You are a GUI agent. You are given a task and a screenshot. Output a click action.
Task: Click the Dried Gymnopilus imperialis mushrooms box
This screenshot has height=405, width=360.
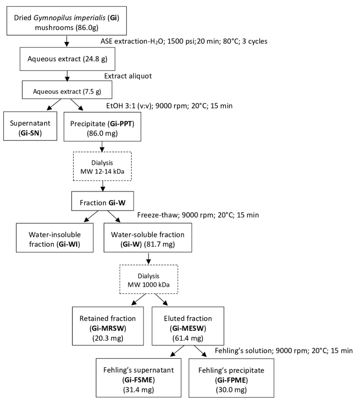coord(66,21)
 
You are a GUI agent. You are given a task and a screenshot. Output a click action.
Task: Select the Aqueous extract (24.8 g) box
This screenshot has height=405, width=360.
coord(67,59)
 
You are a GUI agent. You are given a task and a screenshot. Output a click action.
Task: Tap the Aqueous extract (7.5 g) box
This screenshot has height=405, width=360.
coord(67,90)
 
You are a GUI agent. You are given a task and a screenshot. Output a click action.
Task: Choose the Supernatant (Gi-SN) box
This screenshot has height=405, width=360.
coord(30,126)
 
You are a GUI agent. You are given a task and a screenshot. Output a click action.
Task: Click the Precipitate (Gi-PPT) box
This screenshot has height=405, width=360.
coord(103,127)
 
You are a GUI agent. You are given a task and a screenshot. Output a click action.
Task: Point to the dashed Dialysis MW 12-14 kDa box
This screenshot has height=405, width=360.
coord(103,166)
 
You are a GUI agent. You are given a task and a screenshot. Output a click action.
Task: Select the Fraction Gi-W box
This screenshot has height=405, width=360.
coord(103,201)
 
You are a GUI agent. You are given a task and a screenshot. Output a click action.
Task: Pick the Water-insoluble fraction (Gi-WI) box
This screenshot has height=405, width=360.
coord(54,238)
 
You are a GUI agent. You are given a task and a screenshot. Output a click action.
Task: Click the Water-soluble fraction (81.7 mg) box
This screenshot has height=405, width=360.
coord(148,238)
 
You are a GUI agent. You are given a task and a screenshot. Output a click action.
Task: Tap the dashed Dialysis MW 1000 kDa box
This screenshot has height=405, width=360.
coord(148,279)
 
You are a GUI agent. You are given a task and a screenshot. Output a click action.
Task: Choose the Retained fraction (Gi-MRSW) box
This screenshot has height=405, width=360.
coord(108,326)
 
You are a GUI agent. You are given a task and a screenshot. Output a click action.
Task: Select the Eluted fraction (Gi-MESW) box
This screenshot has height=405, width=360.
coord(188,326)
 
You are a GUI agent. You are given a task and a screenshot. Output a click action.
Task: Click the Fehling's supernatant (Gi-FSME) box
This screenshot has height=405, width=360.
coord(138,378)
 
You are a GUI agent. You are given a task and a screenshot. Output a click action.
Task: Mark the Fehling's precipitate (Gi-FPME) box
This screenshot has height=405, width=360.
coord(231,378)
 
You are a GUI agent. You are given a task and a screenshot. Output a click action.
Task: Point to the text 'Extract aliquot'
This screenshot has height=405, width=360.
coord(128,76)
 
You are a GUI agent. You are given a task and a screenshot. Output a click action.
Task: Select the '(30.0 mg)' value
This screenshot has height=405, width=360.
coord(231,390)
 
